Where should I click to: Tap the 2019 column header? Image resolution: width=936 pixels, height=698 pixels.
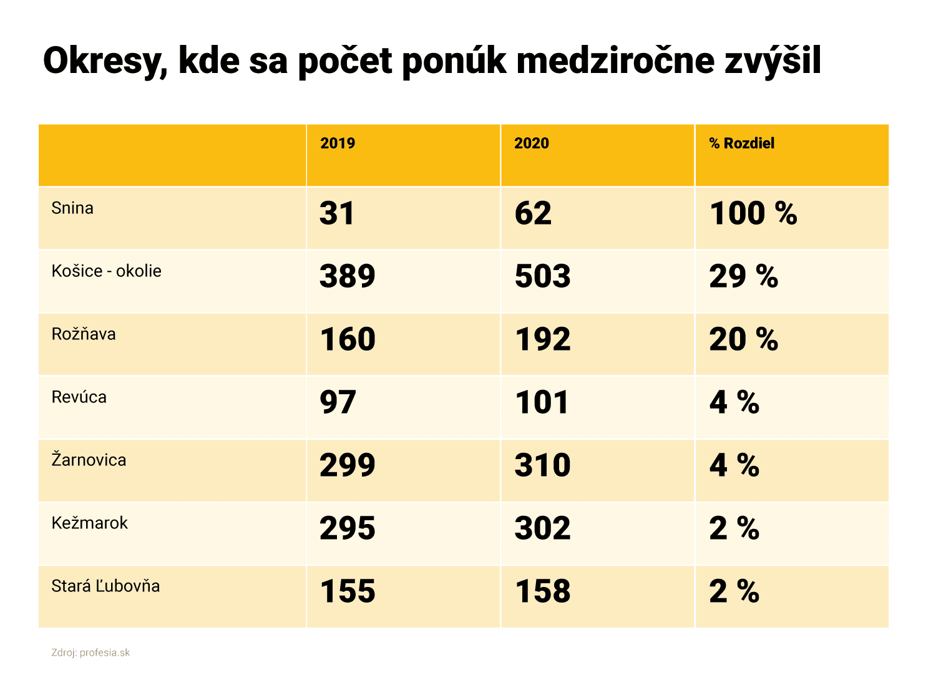(x=338, y=143)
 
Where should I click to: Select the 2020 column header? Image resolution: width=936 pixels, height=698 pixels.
(x=532, y=143)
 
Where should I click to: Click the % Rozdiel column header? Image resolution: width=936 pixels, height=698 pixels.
(x=742, y=143)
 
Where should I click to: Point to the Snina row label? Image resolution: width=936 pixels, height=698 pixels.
(x=72, y=208)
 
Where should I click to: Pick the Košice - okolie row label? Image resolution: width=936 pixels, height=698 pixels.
(x=106, y=271)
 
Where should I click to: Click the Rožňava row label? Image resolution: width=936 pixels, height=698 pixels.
(x=84, y=334)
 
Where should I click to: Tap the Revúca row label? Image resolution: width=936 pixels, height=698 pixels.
(x=79, y=397)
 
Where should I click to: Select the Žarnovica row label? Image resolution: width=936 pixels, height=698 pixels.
(x=89, y=460)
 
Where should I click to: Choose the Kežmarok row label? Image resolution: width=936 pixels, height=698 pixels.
(x=89, y=523)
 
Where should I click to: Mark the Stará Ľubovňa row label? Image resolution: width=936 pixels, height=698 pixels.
(x=105, y=586)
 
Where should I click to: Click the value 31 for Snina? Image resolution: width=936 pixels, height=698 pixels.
(x=337, y=214)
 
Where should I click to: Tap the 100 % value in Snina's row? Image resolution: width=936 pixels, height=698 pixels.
(x=753, y=214)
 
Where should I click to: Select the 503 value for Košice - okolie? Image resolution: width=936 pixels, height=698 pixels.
(x=542, y=277)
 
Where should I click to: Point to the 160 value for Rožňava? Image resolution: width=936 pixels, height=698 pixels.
(x=348, y=340)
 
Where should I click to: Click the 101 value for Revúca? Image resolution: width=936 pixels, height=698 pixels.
(x=542, y=403)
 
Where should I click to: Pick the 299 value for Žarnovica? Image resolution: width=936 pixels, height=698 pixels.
(x=348, y=466)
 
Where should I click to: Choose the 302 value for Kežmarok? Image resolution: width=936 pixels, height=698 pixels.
(x=542, y=529)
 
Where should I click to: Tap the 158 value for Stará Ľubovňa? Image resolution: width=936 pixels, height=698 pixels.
(x=542, y=592)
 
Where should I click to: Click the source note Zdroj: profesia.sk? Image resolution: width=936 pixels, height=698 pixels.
(x=90, y=653)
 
